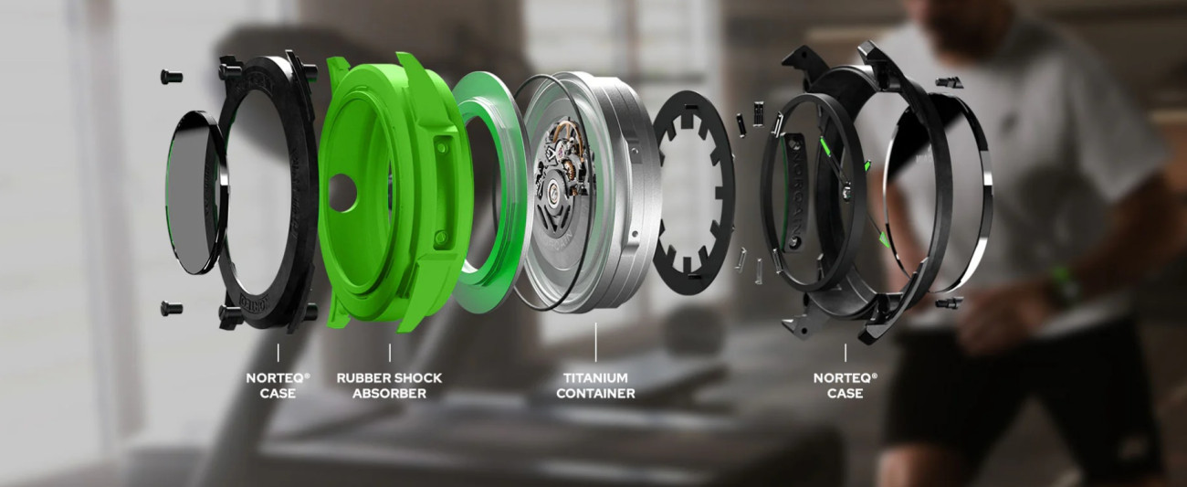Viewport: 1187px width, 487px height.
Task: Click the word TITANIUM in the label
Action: tap(595, 378)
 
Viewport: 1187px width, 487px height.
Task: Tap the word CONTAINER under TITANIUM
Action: tap(595, 394)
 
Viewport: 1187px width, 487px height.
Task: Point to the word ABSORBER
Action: tap(390, 394)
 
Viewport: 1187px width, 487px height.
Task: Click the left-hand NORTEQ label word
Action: tap(276, 378)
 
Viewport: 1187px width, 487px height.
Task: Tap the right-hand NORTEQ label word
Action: tap(843, 378)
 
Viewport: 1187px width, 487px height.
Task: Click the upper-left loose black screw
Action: tap(171, 77)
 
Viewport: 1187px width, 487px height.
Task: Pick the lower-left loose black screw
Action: tap(171, 308)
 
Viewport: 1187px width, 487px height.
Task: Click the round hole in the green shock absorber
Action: tap(342, 193)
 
